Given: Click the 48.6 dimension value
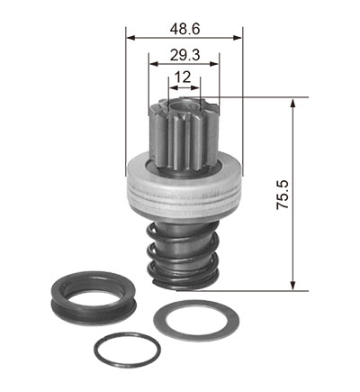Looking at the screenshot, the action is (184, 29).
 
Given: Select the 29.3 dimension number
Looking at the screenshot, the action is (184, 55).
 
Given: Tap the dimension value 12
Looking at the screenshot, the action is (183, 77).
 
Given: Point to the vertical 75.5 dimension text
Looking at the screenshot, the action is (283, 195).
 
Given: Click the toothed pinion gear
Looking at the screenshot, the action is (184, 138).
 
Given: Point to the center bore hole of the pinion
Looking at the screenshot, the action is (184, 106).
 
